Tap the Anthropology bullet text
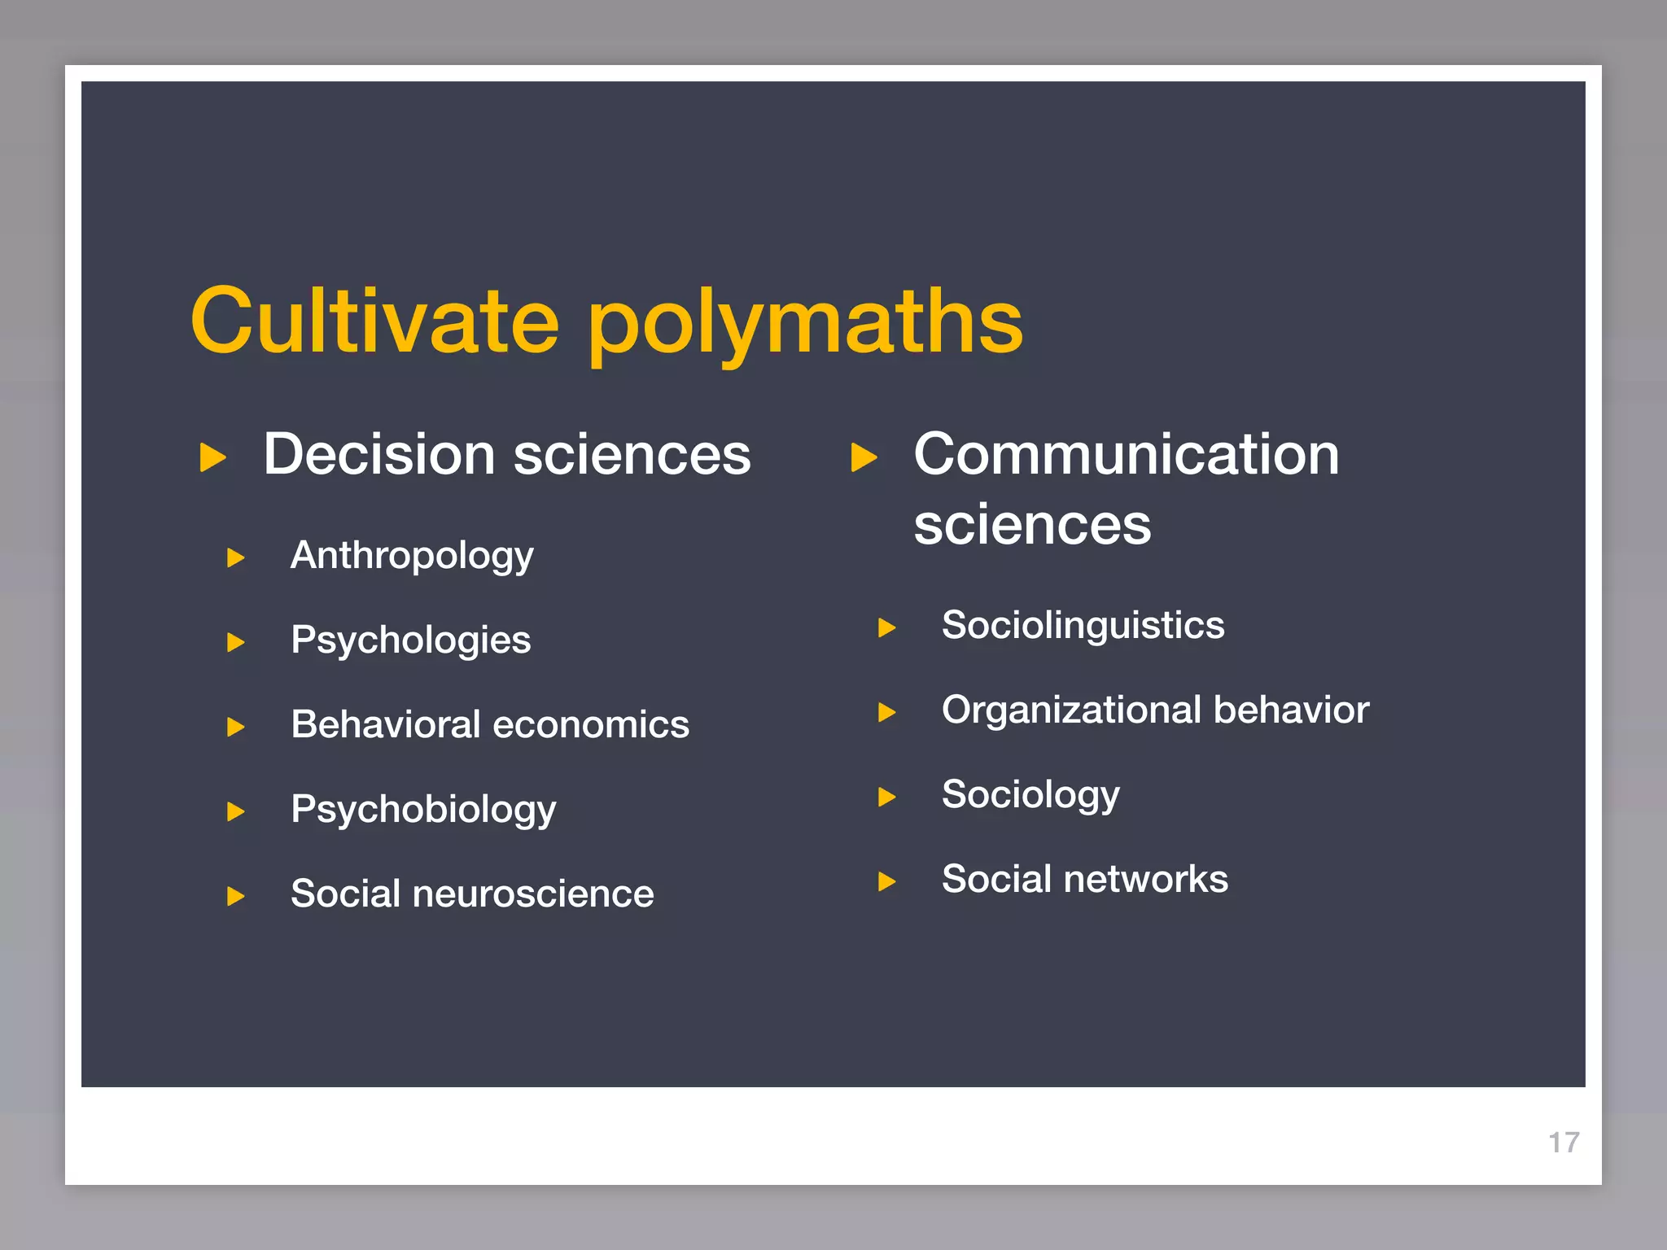click(x=412, y=557)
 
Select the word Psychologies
click(x=410, y=640)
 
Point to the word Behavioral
click(x=386, y=724)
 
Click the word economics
click(x=591, y=724)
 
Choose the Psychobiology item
click(x=423, y=810)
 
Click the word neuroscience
click(x=533, y=894)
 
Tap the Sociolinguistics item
click(x=1083, y=626)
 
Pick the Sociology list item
click(x=1030, y=795)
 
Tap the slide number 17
click(x=1564, y=1143)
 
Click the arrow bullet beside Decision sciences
click(x=212, y=457)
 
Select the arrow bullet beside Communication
click(x=864, y=457)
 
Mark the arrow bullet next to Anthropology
click(x=236, y=558)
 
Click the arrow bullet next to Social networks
click(x=887, y=881)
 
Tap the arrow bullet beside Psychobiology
click(x=236, y=811)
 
